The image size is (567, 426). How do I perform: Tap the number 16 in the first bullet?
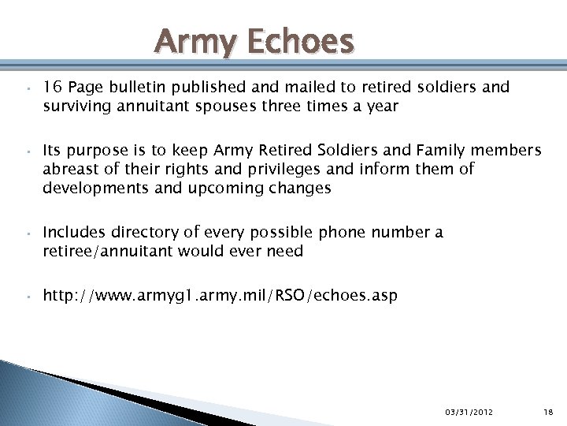[52, 87]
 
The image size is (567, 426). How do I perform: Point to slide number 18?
[549, 411]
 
